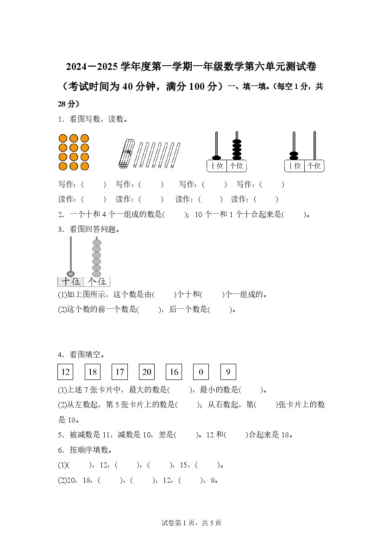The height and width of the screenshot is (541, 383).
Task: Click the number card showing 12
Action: pos(65,372)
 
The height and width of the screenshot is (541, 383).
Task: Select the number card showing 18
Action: pos(93,372)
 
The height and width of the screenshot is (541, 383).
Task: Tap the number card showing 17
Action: pos(120,372)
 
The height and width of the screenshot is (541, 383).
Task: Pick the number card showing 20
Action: pos(147,372)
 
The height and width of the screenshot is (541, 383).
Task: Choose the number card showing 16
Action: pos(174,372)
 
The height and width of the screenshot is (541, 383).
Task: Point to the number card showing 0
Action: pos(201,372)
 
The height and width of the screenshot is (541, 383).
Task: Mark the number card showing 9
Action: pos(228,372)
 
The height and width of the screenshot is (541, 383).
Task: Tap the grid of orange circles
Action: pos(74,152)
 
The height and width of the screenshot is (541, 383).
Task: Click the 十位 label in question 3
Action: pos(71,281)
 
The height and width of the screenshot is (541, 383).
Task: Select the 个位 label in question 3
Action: pos(97,281)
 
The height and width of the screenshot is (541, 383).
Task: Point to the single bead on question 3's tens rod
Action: pos(71,273)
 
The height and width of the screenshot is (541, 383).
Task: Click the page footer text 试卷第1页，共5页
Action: pos(191,523)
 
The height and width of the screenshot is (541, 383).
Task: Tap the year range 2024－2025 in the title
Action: pos(92,67)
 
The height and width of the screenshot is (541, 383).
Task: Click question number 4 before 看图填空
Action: pos(60,355)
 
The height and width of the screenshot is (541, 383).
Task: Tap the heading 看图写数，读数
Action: pos(98,119)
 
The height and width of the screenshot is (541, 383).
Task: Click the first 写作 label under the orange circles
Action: pos(67,184)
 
